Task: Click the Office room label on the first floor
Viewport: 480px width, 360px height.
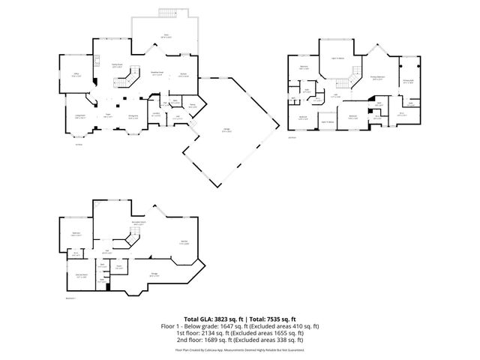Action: click(x=76, y=75)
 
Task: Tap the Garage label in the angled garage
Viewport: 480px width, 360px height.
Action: click(x=226, y=131)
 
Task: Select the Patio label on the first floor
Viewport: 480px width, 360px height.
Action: click(x=166, y=35)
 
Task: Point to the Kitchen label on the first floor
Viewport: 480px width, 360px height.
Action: click(x=183, y=74)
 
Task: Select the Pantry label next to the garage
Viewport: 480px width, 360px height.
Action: click(x=192, y=106)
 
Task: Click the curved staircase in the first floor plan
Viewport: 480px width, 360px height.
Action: click(x=132, y=75)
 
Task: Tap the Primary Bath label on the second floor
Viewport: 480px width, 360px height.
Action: click(x=408, y=82)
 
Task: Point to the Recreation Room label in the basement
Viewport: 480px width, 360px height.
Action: click(x=139, y=223)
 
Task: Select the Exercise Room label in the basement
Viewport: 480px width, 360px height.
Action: click(x=77, y=276)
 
